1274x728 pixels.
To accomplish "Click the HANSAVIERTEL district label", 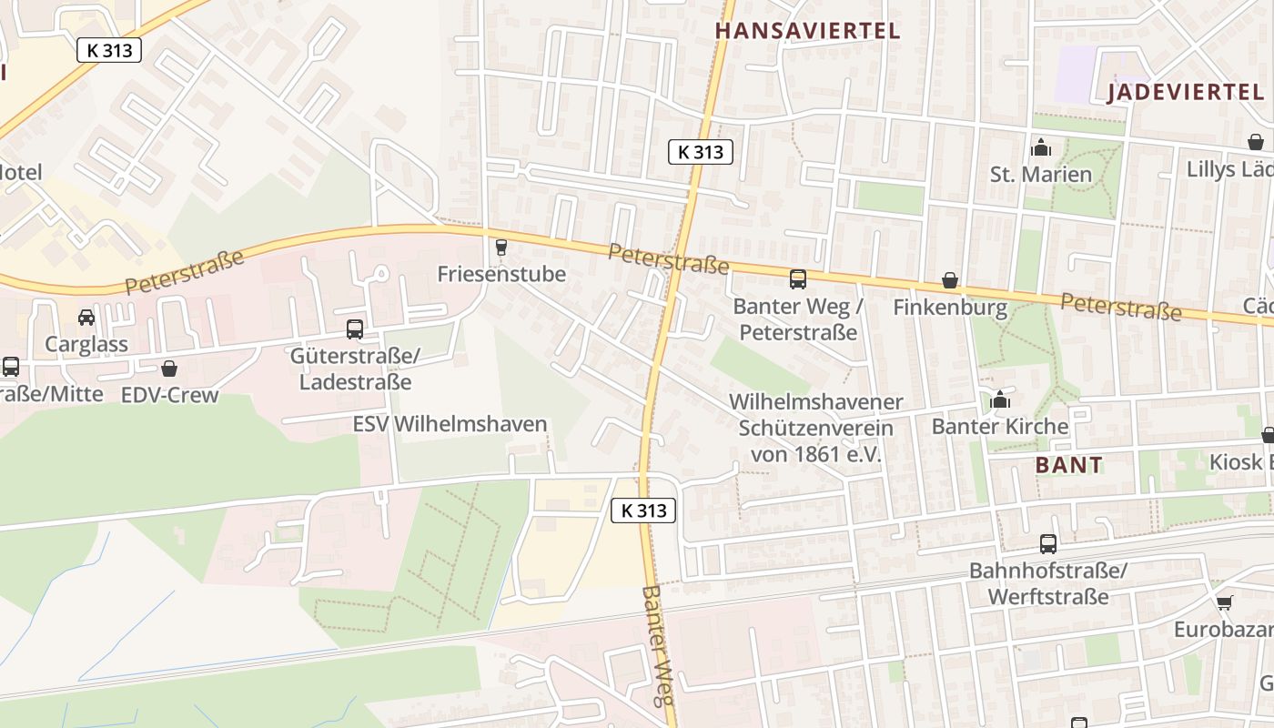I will (807, 31).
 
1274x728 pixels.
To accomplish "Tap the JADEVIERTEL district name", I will (1185, 92).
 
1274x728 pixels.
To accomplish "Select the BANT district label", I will (1069, 465).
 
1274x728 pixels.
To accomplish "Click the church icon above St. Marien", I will (1040, 147).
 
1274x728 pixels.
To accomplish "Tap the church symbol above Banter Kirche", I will (1000, 399).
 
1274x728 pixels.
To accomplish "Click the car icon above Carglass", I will (86, 318).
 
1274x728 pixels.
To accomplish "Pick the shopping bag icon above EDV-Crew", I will (169, 369).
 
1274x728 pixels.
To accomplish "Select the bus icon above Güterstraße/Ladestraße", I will (355, 329).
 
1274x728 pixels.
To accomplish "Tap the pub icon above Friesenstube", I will (500, 247).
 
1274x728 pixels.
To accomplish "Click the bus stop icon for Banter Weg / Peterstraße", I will (798, 279).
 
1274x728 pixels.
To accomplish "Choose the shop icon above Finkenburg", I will (950, 280).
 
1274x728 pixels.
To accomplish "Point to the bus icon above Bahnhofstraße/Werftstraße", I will (1048, 544).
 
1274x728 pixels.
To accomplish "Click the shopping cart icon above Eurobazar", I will (1225, 602).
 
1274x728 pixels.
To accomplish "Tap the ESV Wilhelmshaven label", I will (450, 424).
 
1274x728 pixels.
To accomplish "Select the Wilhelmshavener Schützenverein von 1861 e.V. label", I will (815, 428).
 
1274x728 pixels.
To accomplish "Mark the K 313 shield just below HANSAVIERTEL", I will (700, 152).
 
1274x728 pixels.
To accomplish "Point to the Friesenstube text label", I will (501, 274).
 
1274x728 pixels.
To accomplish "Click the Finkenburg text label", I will (950, 308).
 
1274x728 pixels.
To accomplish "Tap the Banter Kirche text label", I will (1000, 426).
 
